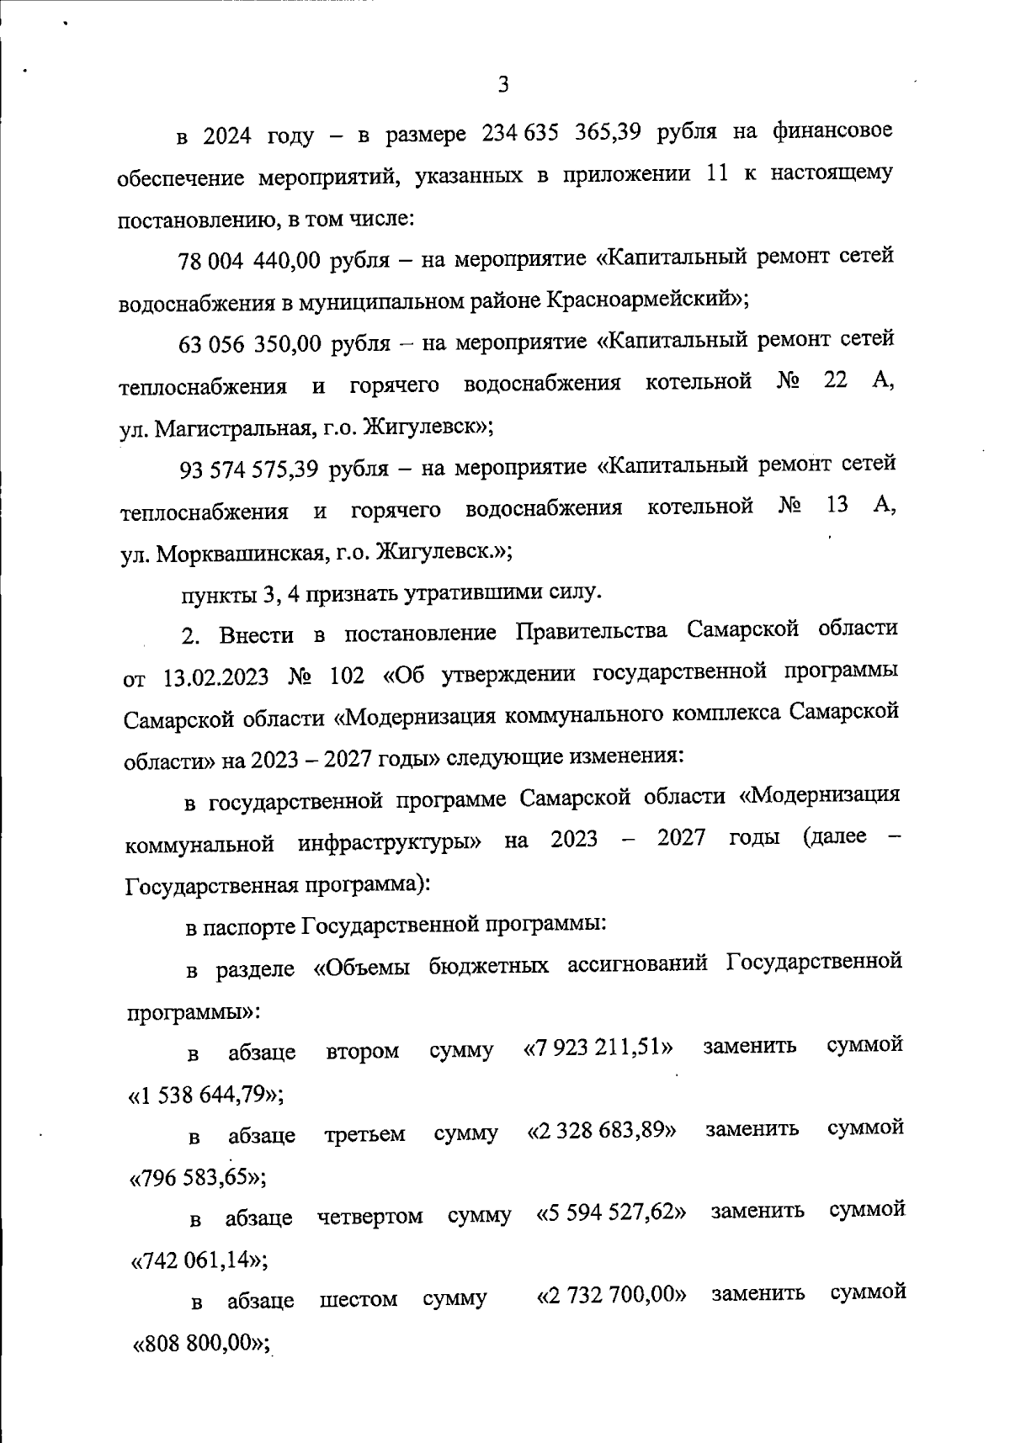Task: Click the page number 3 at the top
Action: coord(503,85)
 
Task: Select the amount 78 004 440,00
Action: coord(249,261)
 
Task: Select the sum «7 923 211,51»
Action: coord(598,1048)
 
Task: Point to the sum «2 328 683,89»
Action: coord(601,1131)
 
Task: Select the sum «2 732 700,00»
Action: coord(611,1296)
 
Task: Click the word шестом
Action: coord(359,1300)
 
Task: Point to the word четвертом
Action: coord(369,1217)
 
